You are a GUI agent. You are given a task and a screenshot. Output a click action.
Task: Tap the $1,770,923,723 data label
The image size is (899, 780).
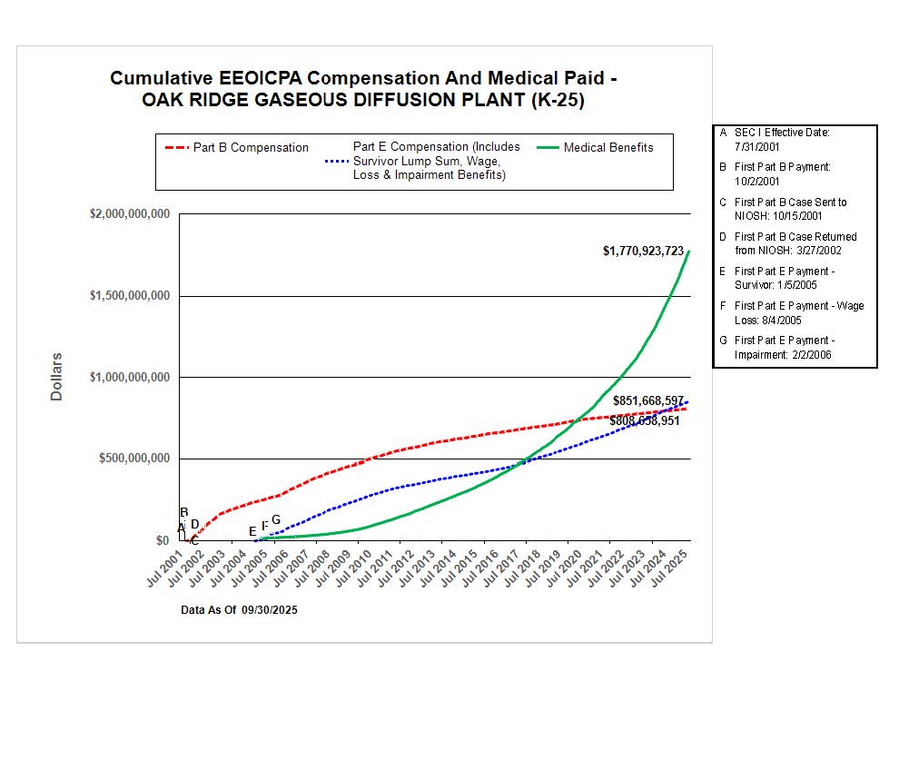pyautogui.click(x=643, y=251)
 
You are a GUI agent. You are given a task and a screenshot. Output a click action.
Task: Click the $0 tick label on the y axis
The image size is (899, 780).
pyautogui.click(x=162, y=540)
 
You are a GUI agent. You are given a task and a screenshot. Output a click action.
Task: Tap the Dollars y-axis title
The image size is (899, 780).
pyautogui.click(x=56, y=377)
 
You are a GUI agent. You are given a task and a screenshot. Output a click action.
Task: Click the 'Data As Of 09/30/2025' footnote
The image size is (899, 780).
pyautogui.click(x=239, y=610)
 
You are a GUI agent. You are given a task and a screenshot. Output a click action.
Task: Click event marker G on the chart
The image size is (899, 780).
pyautogui.click(x=276, y=519)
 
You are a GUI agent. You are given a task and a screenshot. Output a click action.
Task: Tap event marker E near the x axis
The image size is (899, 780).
pyautogui.click(x=252, y=531)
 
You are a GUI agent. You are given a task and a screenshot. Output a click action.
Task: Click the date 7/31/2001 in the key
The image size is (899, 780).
pyautogui.click(x=758, y=146)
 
